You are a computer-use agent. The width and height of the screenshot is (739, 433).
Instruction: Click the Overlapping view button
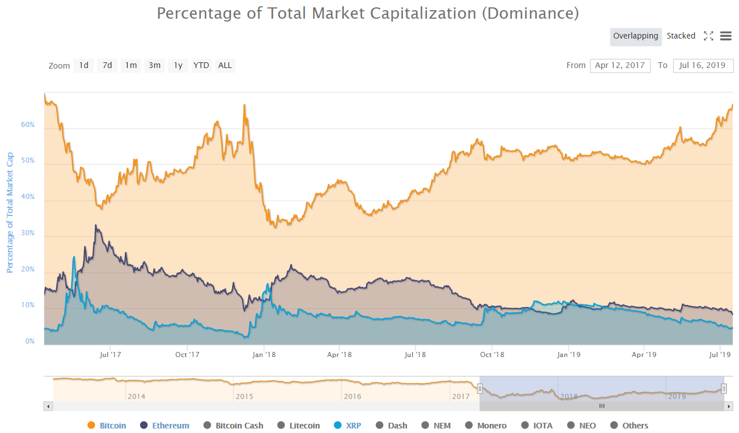[x=636, y=36]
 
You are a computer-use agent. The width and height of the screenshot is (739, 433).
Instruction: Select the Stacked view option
[x=681, y=36]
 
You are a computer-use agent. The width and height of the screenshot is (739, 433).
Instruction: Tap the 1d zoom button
[x=83, y=66]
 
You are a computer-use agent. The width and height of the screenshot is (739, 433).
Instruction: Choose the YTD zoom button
[x=201, y=66]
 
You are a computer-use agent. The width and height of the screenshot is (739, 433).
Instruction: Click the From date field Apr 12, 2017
[x=620, y=66]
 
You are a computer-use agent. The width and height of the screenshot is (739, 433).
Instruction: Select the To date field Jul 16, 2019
[x=702, y=66]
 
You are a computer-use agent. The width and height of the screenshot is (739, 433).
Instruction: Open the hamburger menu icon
[x=725, y=36]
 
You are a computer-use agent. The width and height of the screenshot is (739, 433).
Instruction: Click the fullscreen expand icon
[x=708, y=36]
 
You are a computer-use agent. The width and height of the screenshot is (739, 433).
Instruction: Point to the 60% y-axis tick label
[x=28, y=125]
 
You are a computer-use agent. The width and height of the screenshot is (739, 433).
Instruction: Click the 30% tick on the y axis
[x=28, y=234]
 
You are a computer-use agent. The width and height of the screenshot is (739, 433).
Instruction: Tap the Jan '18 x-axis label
[x=263, y=355]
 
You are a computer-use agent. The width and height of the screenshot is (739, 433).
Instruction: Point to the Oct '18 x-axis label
[x=492, y=355]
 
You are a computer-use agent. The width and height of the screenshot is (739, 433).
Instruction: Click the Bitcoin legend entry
[x=107, y=426]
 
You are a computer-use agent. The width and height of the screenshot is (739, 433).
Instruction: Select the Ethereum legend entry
[x=165, y=426]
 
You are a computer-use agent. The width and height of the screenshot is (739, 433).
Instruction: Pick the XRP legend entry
[x=347, y=426]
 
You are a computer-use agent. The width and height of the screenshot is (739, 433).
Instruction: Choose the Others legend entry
[x=629, y=426]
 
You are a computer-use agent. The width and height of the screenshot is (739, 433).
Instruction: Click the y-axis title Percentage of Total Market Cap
[x=10, y=213]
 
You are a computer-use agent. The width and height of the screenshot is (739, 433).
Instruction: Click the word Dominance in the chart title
[x=530, y=14]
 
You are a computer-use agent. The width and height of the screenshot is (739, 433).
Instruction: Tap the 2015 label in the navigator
[x=244, y=397]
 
